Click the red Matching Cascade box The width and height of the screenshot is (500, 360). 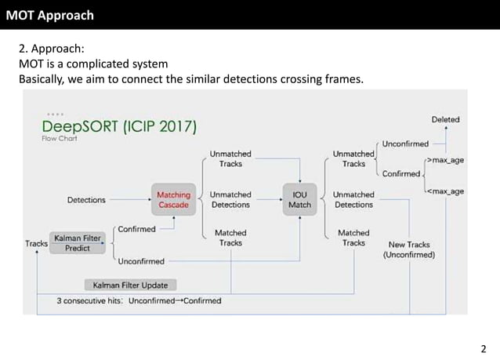[173, 200]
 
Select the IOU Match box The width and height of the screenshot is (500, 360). [299, 200]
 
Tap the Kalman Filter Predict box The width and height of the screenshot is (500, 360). [78, 242]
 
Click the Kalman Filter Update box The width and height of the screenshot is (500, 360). [130, 285]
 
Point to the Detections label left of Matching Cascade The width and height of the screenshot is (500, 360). [86, 200]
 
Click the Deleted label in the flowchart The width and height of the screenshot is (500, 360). [445, 120]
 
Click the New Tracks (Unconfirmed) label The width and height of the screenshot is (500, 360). [409, 249]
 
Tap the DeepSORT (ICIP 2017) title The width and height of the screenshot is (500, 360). [119, 126]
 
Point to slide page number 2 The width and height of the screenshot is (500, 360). [484, 349]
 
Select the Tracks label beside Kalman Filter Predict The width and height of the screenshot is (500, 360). [36, 244]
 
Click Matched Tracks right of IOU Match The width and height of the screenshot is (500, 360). [353, 238]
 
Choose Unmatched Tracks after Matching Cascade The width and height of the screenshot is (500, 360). [230, 158]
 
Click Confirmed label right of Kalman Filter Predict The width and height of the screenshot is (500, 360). [136, 229]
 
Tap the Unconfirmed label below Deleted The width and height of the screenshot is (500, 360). [405, 144]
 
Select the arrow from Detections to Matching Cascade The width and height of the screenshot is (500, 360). [129, 200]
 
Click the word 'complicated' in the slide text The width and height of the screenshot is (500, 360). [114, 63]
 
